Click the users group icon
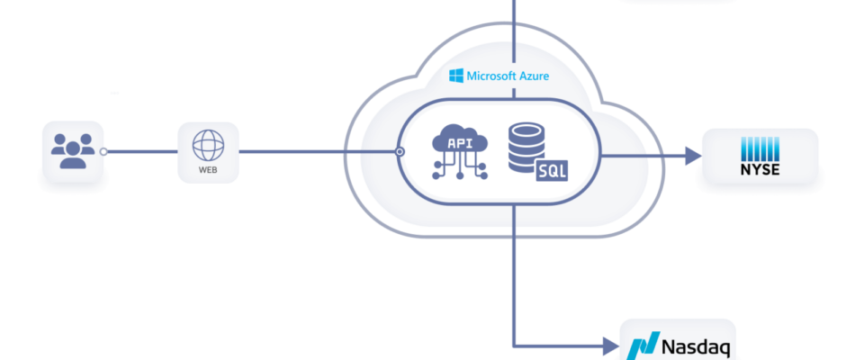coord(72,149)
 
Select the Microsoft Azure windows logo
coord(456,76)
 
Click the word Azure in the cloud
coord(531,76)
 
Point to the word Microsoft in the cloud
coord(490,76)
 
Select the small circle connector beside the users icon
coord(104,152)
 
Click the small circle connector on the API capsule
coord(400,152)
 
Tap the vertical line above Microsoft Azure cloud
coord(512,27)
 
